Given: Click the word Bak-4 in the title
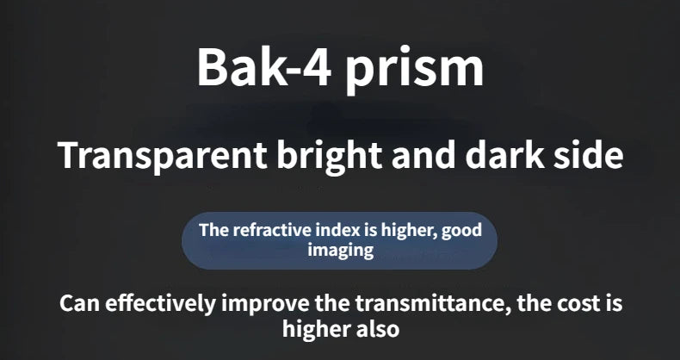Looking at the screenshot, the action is (x=264, y=67).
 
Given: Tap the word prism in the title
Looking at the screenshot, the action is (x=414, y=71).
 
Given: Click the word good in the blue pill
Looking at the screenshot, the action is (x=461, y=231).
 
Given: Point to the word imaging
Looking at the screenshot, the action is (x=341, y=251).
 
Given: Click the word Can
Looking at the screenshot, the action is (x=80, y=303).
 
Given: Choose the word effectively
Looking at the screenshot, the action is (x=160, y=305).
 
